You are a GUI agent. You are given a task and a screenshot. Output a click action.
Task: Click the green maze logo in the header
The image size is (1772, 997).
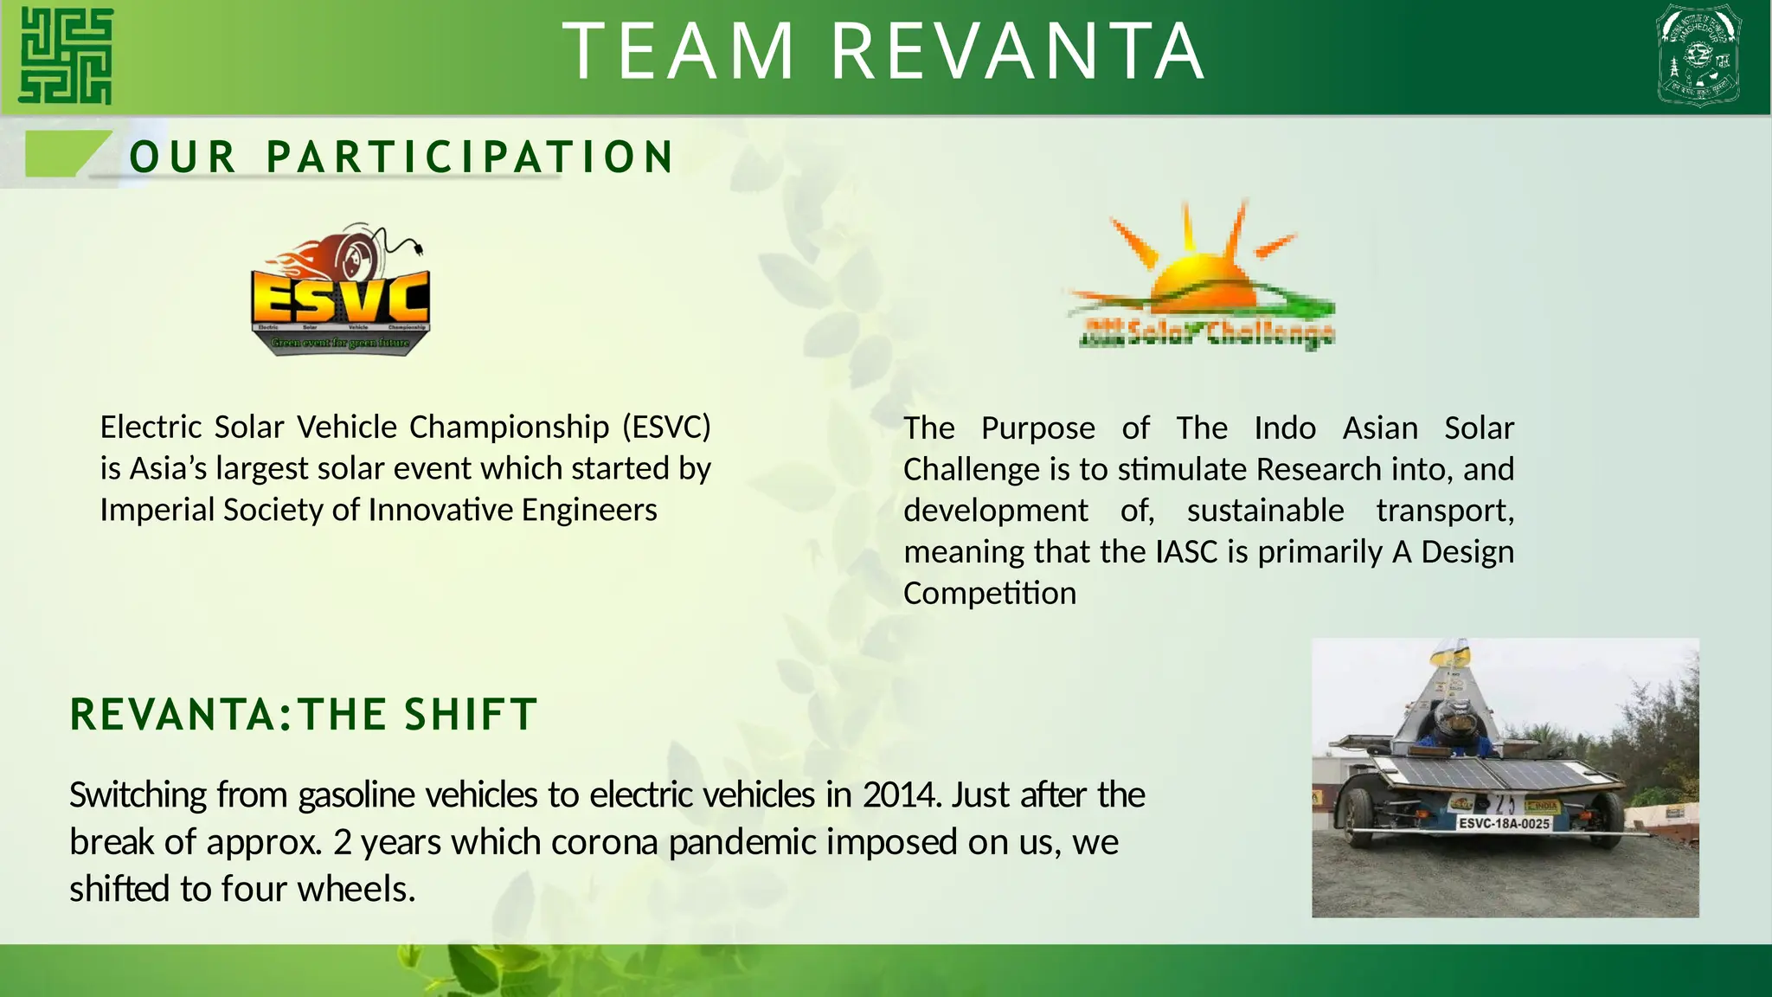pyautogui.click(x=66, y=56)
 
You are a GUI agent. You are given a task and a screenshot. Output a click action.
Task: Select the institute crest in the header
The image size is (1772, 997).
pyautogui.click(x=1698, y=55)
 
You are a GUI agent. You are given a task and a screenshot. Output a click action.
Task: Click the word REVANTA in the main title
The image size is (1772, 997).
pyautogui.click(x=1018, y=52)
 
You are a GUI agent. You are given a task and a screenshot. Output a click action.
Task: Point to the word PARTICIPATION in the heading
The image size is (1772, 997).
pyautogui.click(x=470, y=158)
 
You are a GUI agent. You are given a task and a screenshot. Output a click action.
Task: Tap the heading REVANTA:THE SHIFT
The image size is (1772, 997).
pyautogui.click(x=303, y=715)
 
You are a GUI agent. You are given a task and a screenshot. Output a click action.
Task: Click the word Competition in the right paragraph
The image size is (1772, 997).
pyautogui.click(x=990, y=593)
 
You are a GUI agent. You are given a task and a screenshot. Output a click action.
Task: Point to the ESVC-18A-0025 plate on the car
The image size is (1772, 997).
pyautogui.click(x=1504, y=823)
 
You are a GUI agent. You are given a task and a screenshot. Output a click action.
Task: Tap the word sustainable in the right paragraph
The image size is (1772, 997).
pyautogui.click(x=1265, y=511)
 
